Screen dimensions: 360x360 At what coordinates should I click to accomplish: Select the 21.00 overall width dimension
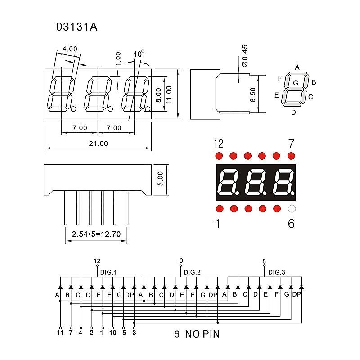(x=98, y=144)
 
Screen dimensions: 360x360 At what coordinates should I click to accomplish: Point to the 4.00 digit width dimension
(x=70, y=49)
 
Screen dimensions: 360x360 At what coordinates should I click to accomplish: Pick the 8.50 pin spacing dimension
(x=253, y=94)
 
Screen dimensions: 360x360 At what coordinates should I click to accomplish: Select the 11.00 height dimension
(x=169, y=94)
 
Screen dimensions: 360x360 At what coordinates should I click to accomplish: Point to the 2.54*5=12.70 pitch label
(x=97, y=234)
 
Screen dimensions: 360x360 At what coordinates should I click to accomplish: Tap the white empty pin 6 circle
(x=292, y=209)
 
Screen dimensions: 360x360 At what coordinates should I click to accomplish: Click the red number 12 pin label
(x=218, y=144)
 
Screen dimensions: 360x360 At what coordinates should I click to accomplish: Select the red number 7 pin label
(x=291, y=144)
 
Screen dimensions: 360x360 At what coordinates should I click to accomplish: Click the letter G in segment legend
(x=295, y=83)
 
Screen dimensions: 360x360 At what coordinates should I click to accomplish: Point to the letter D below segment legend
(x=293, y=112)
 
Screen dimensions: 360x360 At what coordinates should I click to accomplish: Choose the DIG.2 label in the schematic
(x=192, y=272)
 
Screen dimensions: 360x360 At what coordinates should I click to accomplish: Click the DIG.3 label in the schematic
(x=277, y=272)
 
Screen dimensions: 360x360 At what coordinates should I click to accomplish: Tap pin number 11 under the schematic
(x=60, y=333)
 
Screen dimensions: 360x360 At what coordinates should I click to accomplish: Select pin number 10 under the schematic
(x=113, y=333)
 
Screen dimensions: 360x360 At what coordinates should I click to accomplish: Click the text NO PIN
(x=204, y=334)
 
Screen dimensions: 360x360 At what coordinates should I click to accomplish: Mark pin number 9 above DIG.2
(x=181, y=261)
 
